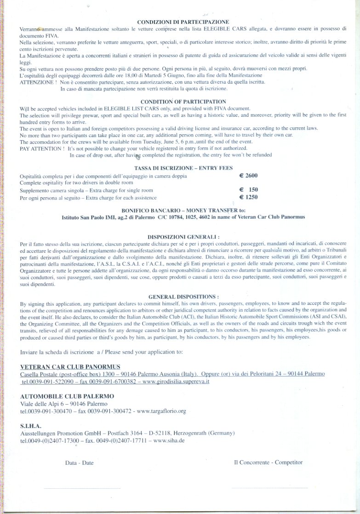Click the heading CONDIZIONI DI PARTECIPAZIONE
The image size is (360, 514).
coord(183,22)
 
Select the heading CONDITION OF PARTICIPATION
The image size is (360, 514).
coord(183,102)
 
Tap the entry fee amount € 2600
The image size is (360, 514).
coord(249,176)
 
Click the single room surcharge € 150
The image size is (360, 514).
coord(249,189)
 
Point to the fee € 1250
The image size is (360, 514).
coord(249,197)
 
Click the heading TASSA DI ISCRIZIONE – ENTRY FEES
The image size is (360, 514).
coord(183,168)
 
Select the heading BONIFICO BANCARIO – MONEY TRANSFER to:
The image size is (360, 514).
coord(183,209)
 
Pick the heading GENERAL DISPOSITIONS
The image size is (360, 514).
coord(183,297)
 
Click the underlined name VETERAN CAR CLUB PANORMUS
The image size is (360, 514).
coord(70,366)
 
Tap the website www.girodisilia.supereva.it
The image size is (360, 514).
coord(176,382)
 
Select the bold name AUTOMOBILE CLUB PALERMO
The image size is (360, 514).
coord(67,396)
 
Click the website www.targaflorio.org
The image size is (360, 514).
coord(161,411)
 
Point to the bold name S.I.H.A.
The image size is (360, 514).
coord(31,426)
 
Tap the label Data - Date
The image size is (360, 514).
coord(79,463)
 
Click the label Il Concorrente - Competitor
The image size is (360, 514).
coord(268,462)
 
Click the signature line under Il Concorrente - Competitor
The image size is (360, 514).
coord(269,488)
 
